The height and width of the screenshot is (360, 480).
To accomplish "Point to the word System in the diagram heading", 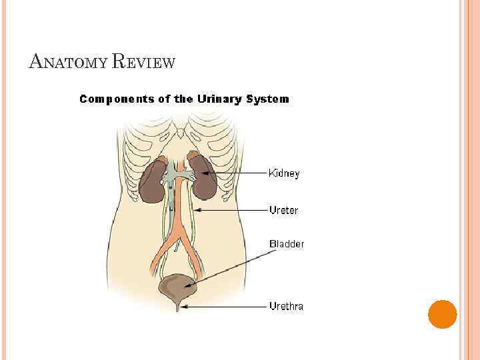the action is [x=269, y=99].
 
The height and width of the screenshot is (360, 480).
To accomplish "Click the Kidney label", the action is [x=284, y=173].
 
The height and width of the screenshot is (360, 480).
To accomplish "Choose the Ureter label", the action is [x=283, y=211].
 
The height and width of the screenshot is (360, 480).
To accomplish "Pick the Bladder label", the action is [x=287, y=244].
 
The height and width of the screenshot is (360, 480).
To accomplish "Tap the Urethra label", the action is [x=286, y=307].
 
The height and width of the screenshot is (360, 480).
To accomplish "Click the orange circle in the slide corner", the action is [x=442, y=314].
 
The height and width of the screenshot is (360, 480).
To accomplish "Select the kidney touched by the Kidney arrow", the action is [x=202, y=176].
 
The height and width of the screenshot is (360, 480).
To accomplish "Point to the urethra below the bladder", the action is [x=178, y=306].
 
